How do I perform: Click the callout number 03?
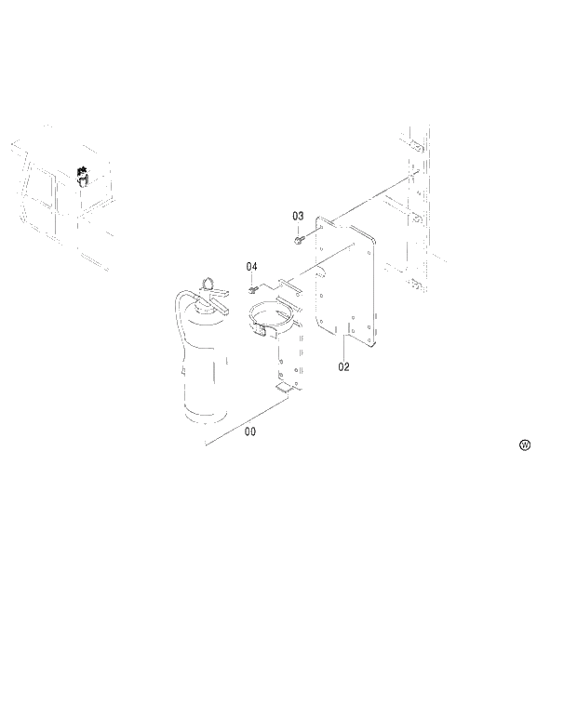click(x=298, y=216)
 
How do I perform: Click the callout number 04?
click(x=251, y=267)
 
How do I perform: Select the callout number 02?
click(x=343, y=366)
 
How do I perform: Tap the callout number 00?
click(x=250, y=431)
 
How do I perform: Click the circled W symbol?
click(x=525, y=445)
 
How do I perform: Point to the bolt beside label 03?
click(x=297, y=240)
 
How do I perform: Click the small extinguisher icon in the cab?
click(x=82, y=175)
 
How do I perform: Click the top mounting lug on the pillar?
click(x=417, y=147)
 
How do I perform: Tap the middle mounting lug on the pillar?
click(x=417, y=217)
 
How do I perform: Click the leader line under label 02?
click(x=343, y=348)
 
